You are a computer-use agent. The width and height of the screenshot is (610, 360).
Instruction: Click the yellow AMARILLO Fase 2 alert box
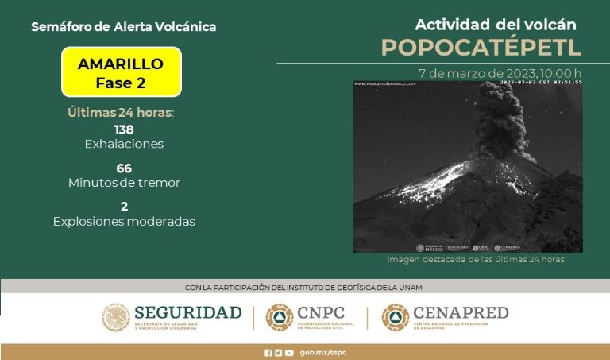pos(121,72)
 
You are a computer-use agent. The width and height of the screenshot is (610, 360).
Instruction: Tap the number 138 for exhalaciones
pos(124,130)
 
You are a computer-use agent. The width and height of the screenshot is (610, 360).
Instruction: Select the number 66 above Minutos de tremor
pos(124,168)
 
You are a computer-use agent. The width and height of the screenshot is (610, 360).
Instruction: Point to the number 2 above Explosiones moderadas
pos(124,206)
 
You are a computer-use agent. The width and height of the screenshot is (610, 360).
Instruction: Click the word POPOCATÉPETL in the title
pos(481,47)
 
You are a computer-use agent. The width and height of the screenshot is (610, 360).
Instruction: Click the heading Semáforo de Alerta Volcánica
pos(123,27)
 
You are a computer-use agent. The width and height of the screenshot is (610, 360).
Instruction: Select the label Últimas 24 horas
pos(121,112)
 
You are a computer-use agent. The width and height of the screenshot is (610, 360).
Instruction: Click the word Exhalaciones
pos(124,144)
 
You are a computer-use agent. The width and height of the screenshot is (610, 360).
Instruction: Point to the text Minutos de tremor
pos(124,182)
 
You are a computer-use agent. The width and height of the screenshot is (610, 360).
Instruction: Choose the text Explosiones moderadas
pos(124,221)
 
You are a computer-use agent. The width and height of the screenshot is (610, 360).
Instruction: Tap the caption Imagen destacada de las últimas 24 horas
pos(476,260)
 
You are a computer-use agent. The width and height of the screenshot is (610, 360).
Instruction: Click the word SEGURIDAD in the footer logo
pos(187,312)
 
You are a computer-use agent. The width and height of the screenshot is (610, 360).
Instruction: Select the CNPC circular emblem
pos(279,317)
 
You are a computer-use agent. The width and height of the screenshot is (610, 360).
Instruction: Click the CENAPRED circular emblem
pos(395,317)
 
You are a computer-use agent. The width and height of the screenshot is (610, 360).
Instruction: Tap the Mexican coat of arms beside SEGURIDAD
pos(115,317)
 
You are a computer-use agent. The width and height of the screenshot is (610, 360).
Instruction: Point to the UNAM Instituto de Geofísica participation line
pos(303,287)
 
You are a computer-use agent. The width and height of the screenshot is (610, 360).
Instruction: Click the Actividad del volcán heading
pos(484,25)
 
